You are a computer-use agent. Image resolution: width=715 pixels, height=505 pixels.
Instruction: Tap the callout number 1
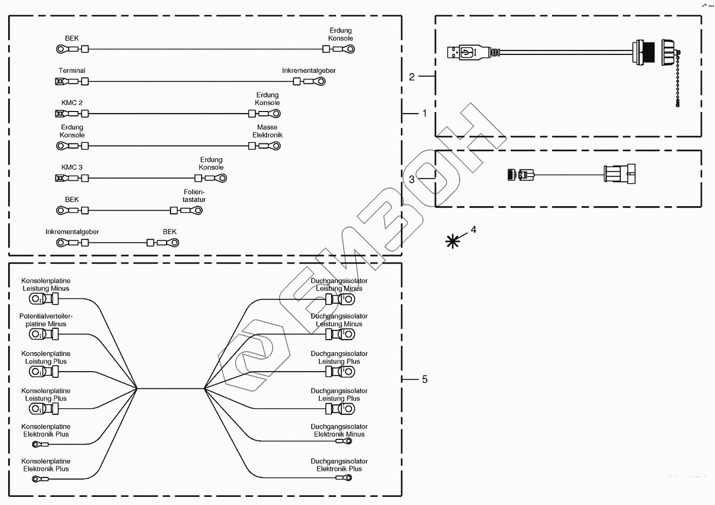pyautogui.click(x=425, y=114)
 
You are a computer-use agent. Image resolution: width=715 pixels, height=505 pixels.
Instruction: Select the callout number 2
pyautogui.click(x=411, y=77)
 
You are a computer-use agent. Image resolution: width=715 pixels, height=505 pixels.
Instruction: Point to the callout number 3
pyautogui.click(x=411, y=179)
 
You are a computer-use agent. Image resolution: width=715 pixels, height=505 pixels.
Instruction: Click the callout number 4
pyautogui.click(x=473, y=230)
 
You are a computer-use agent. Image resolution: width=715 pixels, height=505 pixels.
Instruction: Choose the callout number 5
pyautogui.click(x=425, y=379)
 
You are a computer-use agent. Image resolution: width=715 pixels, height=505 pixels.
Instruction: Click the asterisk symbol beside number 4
pyautogui.click(x=452, y=241)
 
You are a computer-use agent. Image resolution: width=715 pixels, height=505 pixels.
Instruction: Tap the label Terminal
pyautogui.click(x=72, y=71)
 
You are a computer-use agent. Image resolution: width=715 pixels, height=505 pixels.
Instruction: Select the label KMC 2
pyautogui.click(x=72, y=103)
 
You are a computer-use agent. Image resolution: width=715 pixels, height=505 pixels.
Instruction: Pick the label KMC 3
pyautogui.click(x=72, y=167)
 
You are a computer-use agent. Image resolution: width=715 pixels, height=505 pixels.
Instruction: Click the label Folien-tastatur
pyautogui.click(x=194, y=196)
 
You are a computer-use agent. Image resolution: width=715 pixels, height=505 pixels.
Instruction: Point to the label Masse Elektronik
pyautogui.click(x=267, y=131)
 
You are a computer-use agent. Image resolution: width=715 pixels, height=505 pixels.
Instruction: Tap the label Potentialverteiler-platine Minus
pyautogui.click(x=46, y=320)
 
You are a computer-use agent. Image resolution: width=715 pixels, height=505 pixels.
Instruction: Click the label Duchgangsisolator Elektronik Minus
pyautogui.click(x=339, y=431)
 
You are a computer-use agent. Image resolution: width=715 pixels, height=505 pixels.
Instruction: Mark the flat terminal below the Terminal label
pyautogui.click(x=61, y=81)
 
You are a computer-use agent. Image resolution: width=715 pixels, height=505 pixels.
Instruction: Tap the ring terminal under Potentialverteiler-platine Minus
pyautogui.click(x=37, y=334)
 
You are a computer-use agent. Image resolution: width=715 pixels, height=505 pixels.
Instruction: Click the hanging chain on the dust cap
pyautogui.click(x=678, y=81)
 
